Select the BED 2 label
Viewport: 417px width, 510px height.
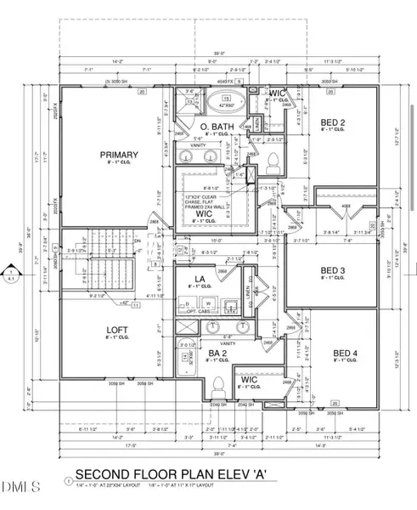coord(331,125)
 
